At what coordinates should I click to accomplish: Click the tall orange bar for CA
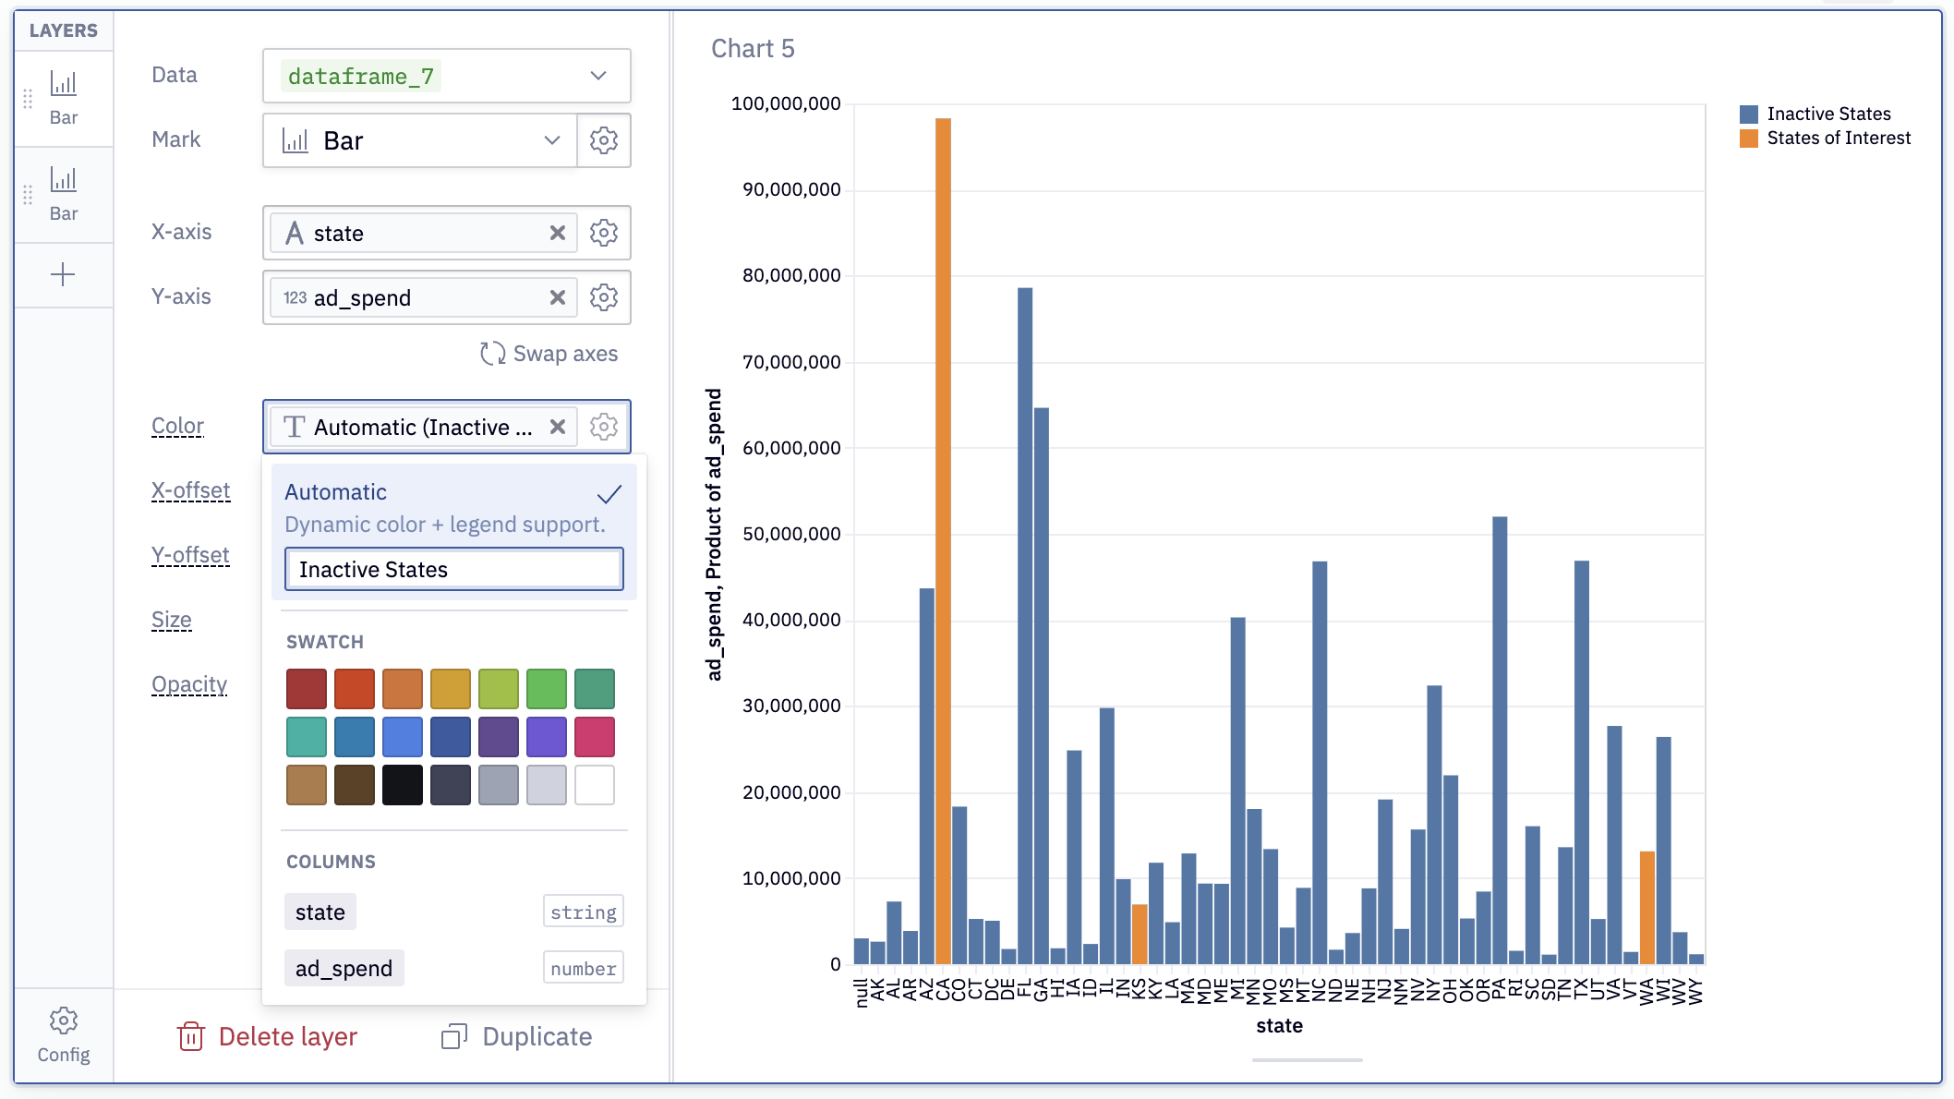click(x=943, y=541)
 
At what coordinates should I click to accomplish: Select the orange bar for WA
click(x=1647, y=908)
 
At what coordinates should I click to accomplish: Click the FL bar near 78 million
click(x=1025, y=626)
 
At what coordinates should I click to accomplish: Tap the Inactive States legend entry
click(x=1815, y=114)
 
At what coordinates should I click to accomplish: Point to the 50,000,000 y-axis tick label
click(x=791, y=534)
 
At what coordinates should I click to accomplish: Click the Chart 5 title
click(x=753, y=48)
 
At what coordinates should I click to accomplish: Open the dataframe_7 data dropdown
click(x=447, y=76)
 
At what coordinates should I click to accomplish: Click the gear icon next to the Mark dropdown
click(x=604, y=140)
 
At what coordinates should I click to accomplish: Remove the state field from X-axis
click(x=558, y=233)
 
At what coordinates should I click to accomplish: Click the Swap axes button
click(x=549, y=354)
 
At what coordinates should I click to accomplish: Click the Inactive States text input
click(x=454, y=569)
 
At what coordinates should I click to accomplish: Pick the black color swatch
click(x=403, y=785)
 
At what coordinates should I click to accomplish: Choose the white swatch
click(x=595, y=785)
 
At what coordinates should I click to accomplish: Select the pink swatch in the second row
click(x=595, y=737)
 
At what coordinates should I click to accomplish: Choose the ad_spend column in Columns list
click(x=344, y=968)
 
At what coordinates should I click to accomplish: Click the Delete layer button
click(x=267, y=1036)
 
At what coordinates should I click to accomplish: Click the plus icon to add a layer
click(x=63, y=274)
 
